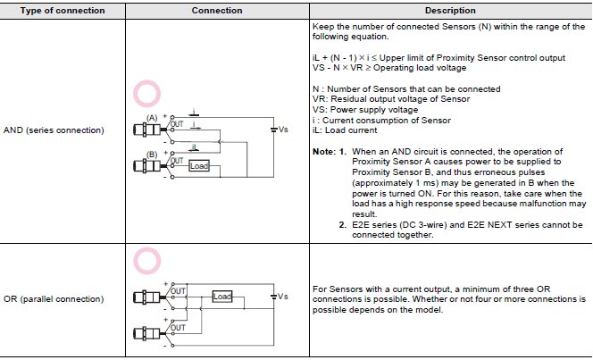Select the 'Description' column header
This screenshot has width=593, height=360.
[x=449, y=11]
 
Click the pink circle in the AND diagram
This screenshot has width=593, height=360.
[x=146, y=93]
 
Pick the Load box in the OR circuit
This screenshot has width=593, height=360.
[x=223, y=296]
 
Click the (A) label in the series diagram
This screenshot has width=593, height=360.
[x=152, y=118]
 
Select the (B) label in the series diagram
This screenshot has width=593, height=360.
[x=152, y=154]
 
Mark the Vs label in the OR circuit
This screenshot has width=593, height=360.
[x=283, y=296]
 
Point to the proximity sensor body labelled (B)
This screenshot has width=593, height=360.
[x=143, y=165]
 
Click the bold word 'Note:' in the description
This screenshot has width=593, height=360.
[x=322, y=152]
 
